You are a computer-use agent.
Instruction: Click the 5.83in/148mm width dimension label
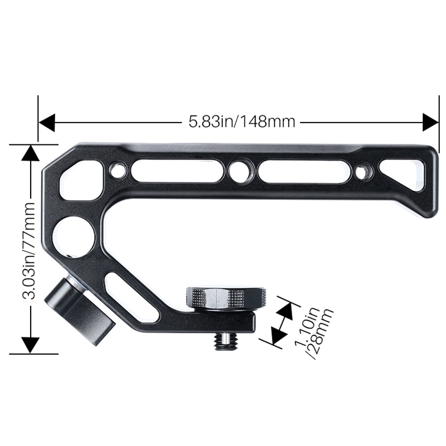coord(241,120)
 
